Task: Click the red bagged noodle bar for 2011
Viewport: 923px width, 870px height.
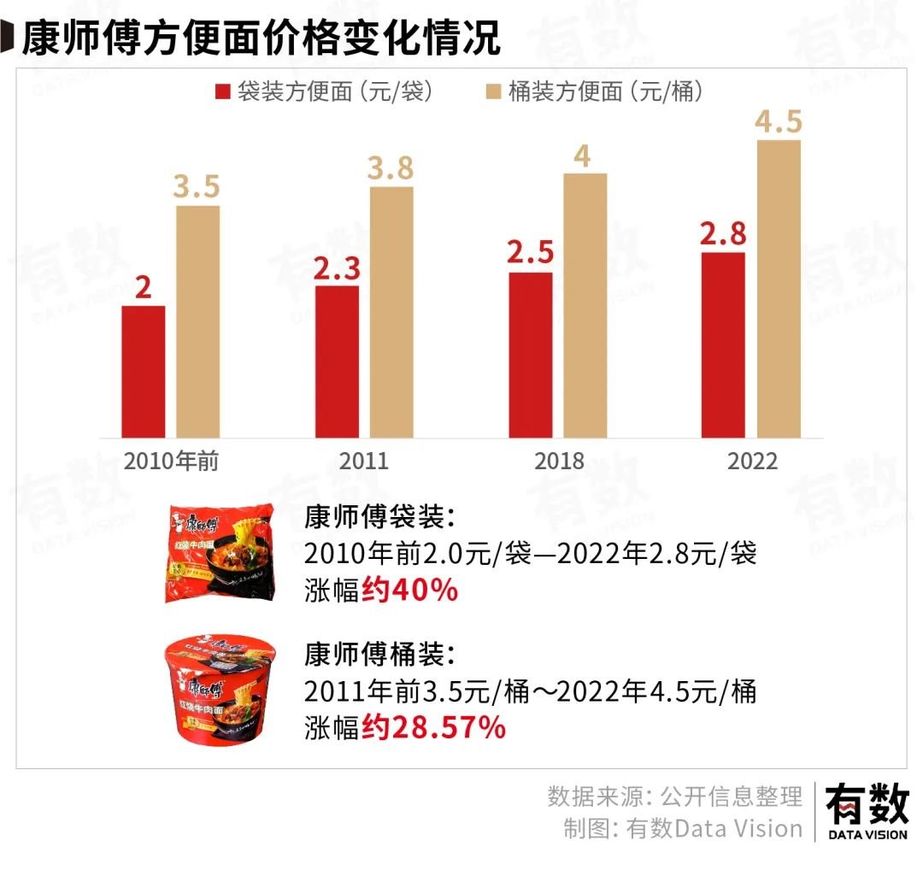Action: click(337, 362)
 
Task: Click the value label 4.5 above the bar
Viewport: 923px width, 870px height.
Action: click(778, 121)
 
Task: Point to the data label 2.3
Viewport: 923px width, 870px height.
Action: click(337, 269)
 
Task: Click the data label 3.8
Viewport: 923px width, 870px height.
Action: click(391, 169)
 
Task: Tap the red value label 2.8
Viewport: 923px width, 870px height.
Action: click(722, 234)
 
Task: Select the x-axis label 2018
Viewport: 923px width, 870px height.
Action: click(559, 461)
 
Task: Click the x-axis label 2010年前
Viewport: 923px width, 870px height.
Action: click(172, 461)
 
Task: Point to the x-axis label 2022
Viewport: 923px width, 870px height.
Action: click(752, 461)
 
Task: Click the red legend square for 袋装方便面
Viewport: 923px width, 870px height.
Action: click(224, 91)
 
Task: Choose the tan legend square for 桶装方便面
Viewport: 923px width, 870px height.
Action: click(493, 91)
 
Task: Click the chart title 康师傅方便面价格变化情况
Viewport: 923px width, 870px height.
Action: click(261, 38)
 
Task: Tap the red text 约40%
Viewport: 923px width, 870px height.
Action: click(409, 590)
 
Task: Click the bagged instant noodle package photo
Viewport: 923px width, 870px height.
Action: click(219, 553)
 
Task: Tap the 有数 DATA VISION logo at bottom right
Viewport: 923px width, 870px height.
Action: click(867, 812)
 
